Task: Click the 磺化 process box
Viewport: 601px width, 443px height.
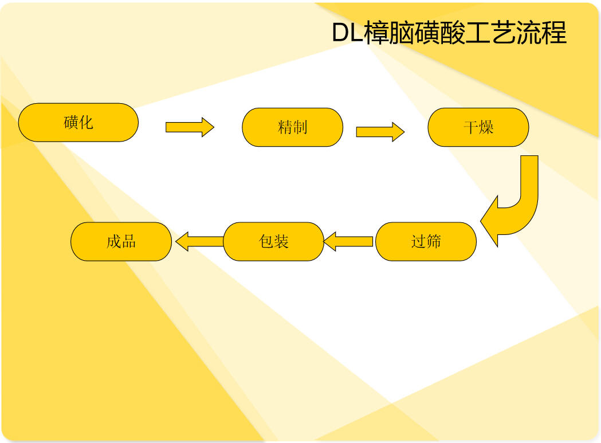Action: coord(78,122)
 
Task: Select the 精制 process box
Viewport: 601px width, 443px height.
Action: coord(292,127)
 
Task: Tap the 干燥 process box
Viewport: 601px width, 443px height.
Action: coord(478,127)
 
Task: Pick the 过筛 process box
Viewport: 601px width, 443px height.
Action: coord(426,242)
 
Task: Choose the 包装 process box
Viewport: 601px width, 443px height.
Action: coord(274,242)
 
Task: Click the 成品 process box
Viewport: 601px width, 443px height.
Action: coord(121,242)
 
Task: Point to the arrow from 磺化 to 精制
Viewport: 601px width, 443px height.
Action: coord(190,127)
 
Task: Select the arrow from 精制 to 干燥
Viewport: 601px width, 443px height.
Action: coord(380,132)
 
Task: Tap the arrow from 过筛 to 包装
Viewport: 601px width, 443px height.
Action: coord(348,241)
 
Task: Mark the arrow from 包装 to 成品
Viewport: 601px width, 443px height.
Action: coord(200,241)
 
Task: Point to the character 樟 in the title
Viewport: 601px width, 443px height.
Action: coord(376,33)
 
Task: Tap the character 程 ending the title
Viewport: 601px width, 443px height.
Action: coord(554,33)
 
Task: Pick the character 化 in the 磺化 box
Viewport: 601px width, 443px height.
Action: coord(86,122)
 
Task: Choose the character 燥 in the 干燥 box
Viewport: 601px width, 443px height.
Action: coord(486,127)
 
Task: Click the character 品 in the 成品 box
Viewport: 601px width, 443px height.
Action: coord(129,242)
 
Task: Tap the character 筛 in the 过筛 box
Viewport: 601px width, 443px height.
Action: coord(434,242)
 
